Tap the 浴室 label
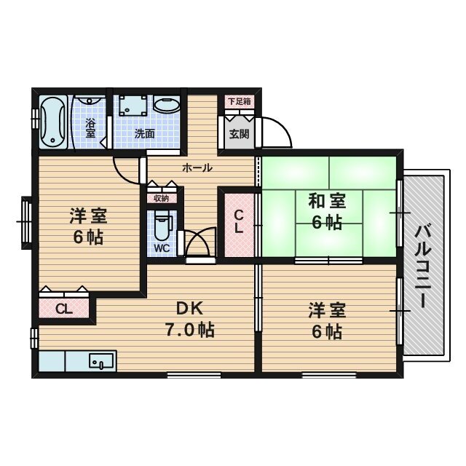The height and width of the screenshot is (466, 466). point(91,128)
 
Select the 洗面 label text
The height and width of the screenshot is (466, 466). point(144,133)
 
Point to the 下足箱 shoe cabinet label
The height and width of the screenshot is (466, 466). point(237,102)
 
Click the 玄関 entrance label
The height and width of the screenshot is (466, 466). point(238,134)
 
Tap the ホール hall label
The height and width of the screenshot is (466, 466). point(197,167)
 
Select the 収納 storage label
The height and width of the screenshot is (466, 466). point(161,197)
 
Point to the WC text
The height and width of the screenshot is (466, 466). point(162,248)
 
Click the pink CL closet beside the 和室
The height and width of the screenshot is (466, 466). point(238,222)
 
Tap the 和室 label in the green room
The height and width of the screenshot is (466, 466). point(326,200)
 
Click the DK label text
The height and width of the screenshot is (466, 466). point(187,308)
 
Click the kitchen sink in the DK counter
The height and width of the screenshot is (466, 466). point(102,360)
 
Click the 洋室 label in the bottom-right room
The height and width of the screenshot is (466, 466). point(326,310)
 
